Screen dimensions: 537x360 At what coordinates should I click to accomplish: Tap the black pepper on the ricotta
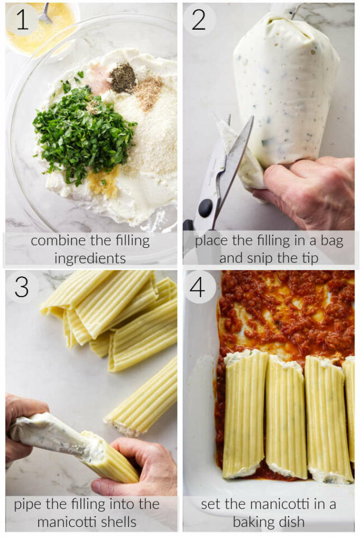(x=122, y=78)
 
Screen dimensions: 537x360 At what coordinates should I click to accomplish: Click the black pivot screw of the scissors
(x=205, y=208)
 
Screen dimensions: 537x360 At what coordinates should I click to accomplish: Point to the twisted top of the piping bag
(x=285, y=10)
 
